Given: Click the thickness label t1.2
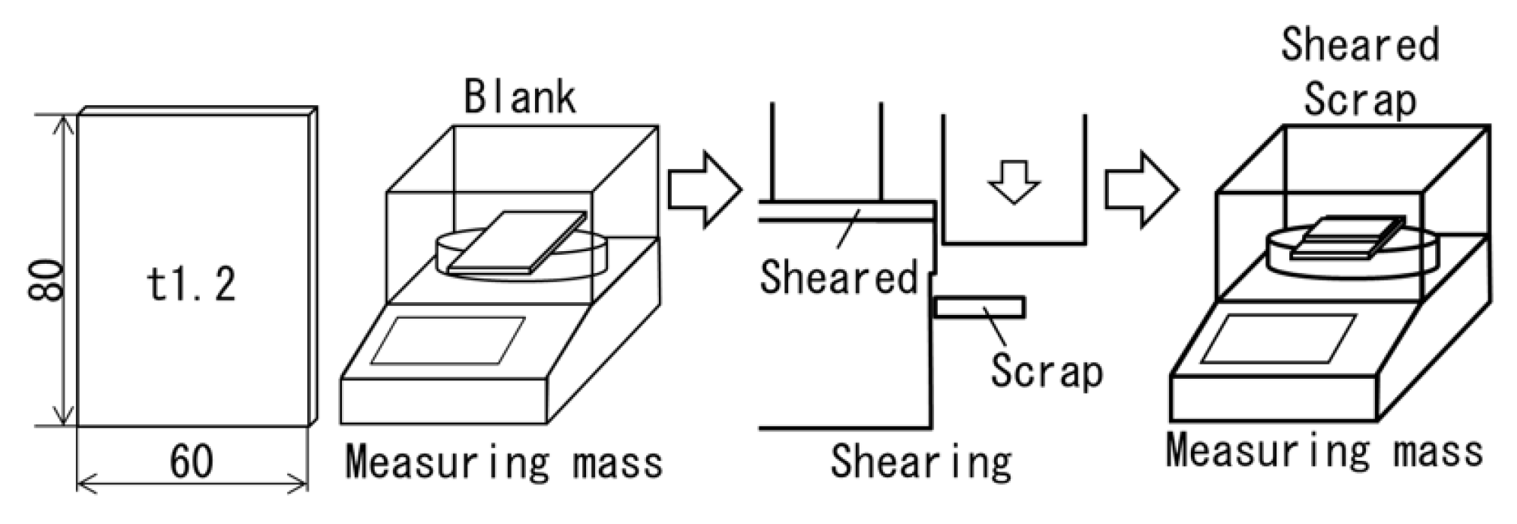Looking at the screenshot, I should pos(191,285).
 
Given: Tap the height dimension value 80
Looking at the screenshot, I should pos(45,280).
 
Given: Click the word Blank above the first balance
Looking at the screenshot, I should pos(520,97).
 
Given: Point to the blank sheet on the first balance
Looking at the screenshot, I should pos(517,242).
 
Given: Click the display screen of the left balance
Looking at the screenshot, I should pos(448,341).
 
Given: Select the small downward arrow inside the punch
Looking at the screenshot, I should pos(1014,183).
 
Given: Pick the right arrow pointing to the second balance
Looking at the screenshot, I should pos(1141,189).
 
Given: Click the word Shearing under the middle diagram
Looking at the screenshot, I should pos(920,461).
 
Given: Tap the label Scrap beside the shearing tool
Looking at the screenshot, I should pos(1046,371).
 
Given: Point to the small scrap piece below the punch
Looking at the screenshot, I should pos(979,307).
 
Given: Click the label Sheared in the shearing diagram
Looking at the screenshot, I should pos(839,277).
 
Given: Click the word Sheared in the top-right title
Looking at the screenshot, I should pos(1360,44).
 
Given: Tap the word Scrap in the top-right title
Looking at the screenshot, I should pos(1360,100).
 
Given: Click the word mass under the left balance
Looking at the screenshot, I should pos(618,462).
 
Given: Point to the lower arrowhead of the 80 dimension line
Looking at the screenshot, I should pos(65,417).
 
